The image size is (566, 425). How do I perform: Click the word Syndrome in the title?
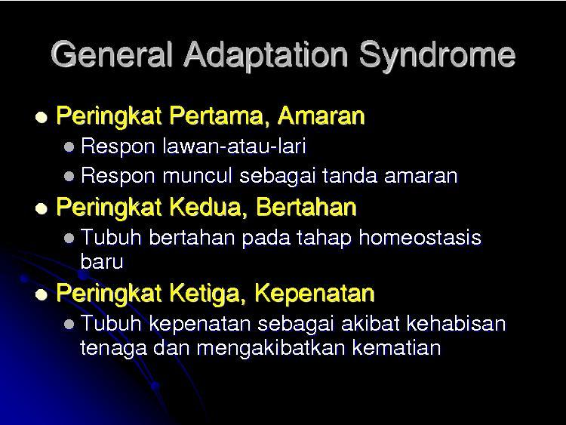click(x=437, y=56)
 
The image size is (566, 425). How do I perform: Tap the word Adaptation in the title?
click(x=266, y=54)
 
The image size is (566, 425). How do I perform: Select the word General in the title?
click(x=111, y=54)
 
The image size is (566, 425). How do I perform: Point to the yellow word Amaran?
click(x=321, y=115)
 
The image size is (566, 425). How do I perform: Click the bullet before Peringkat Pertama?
click(x=42, y=117)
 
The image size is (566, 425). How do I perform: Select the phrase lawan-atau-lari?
click(x=234, y=146)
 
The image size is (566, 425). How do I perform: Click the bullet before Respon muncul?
click(x=69, y=176)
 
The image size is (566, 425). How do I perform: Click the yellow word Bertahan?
click(x=306, y=207)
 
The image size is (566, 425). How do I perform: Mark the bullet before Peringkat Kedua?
click(x=42, y=208)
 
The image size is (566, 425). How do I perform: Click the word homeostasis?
click(x=420, y=238)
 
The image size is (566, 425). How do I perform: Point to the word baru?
click(x=102, y=261)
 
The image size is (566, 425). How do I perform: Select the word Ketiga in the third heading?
click(x=208, y=292)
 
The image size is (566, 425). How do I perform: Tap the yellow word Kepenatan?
click(x=315, y=293)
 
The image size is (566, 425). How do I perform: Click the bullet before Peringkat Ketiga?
click(x=42, y=294)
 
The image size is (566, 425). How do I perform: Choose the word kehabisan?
click(x=457, y=323)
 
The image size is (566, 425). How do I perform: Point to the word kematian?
click(x=396, y=347)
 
